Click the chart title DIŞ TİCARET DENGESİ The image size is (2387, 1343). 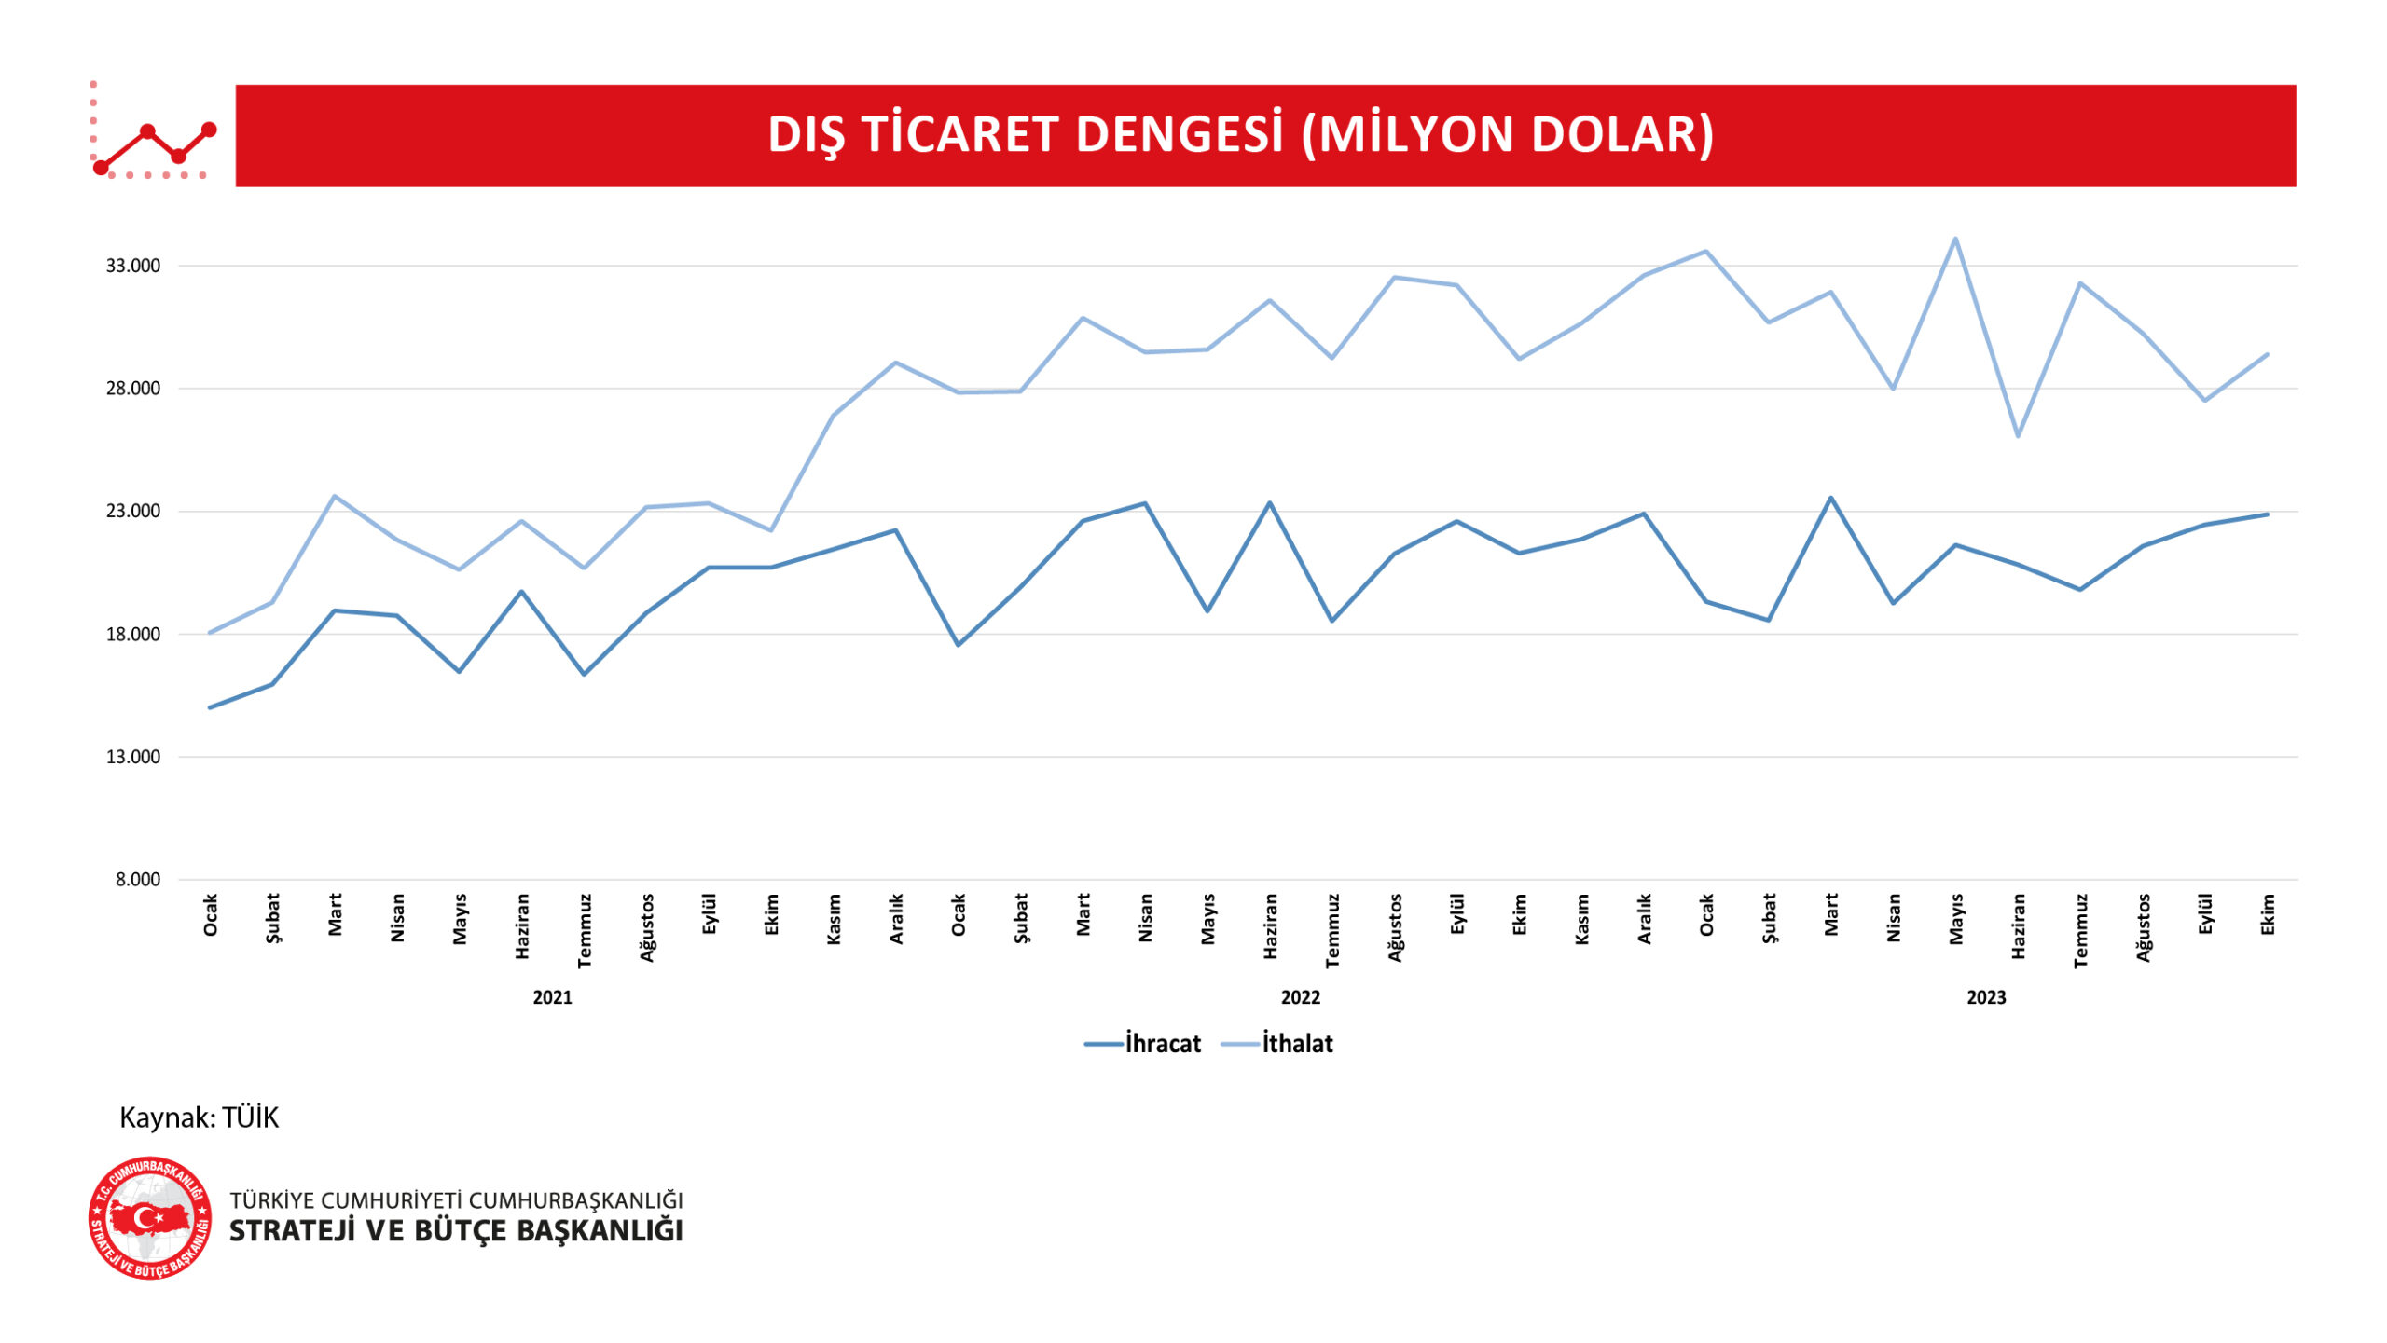1240,135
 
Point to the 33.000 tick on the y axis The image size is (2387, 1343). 132,266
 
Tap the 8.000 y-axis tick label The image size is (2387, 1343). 138,880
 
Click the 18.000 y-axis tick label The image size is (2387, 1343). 132,635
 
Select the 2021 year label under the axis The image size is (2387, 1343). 552,998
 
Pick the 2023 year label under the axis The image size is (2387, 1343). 1986,998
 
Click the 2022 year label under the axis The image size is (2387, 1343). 1300,998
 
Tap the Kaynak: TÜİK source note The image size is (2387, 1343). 199,1117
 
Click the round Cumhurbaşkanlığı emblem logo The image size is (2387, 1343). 150,1219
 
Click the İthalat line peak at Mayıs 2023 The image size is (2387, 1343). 1955,239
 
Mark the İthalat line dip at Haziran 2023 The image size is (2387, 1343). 2018,436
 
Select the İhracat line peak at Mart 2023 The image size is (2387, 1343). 1830,498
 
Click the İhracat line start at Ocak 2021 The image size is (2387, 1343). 210,707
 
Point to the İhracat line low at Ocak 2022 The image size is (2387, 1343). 958,645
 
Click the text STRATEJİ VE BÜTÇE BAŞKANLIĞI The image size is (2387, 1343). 456,1231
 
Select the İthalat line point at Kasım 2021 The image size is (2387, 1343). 833,416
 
